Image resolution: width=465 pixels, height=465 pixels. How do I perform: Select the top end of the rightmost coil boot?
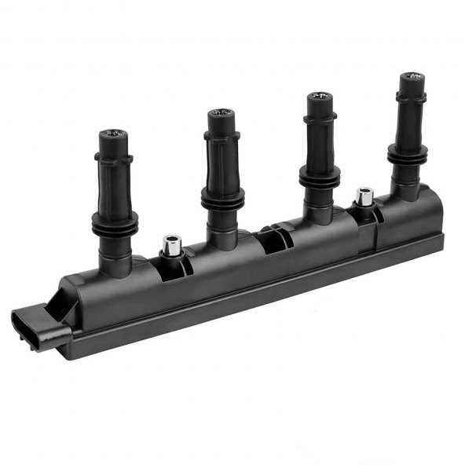point(411,78)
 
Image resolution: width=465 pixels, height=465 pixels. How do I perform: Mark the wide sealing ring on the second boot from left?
point(222,197)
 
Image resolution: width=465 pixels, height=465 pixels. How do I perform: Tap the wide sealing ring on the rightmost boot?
point(408,154)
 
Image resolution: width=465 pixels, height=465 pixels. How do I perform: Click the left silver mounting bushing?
point(171,245)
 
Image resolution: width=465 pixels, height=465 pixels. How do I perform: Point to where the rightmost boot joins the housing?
point(405,193)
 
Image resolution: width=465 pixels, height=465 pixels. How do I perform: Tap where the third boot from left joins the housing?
point(319,217)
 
